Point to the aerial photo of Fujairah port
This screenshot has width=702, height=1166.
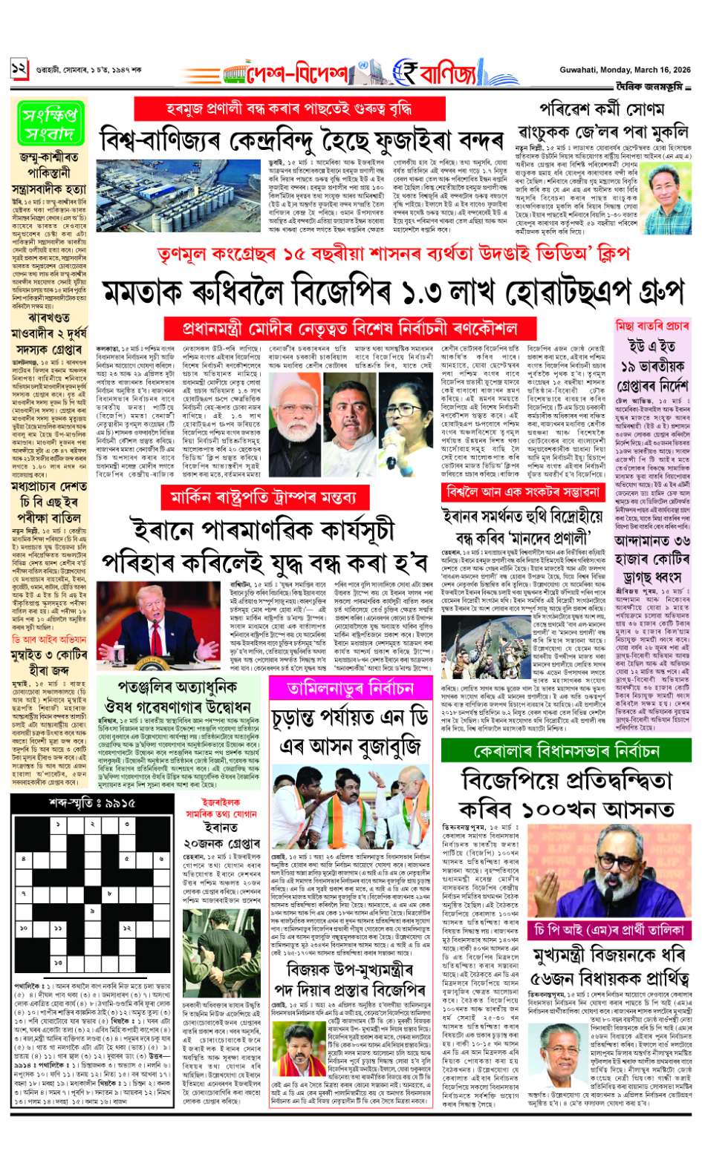point(183,194)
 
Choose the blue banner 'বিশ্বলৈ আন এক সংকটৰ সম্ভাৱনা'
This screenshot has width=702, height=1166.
point(523,492)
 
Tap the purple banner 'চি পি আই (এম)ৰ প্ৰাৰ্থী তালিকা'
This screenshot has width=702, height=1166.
point(608,930)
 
